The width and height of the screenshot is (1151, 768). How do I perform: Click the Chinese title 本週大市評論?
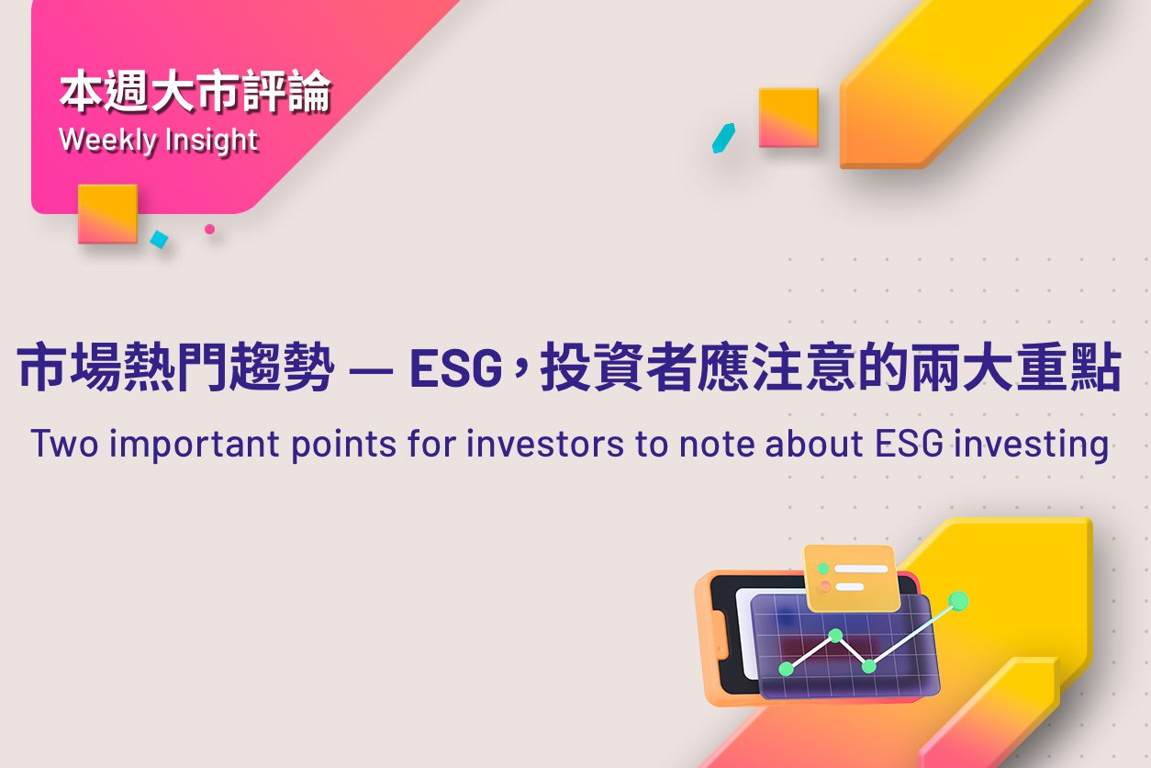pyautogui.click(x=196, y=91)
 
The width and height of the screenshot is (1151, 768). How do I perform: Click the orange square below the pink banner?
pyautogui.click(x=107, y=213)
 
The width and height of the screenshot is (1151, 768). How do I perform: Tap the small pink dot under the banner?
pyautogui.click(x=209, y=229)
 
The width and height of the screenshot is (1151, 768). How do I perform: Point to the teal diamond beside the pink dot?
pyautogui.click(x=160, y=239)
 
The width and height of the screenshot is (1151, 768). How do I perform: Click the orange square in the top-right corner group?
pyautogui.click(x=788, y=118)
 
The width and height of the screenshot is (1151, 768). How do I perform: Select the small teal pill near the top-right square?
pyautogui.click(x=723, y=139)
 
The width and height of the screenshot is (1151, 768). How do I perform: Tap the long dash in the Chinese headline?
pyautogui.click(x=371, y=369)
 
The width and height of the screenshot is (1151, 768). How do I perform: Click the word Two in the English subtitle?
pyautogui.click(x=65, y=443)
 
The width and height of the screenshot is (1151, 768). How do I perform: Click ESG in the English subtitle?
pyautogui.click(x=909, y=443)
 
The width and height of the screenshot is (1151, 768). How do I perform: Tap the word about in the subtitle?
pyautogui.click(x=814, y=443)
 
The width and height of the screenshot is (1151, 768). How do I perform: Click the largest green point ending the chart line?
pyautogui.click(x=958, y=601)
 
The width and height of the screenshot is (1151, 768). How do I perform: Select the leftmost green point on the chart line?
pyautogui.click(x=786, y=669)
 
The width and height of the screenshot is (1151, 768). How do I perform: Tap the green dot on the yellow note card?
pyautogui.click(x=822, y=569)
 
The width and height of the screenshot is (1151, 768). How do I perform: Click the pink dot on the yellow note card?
pyautogui.click(x=825, y=586)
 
